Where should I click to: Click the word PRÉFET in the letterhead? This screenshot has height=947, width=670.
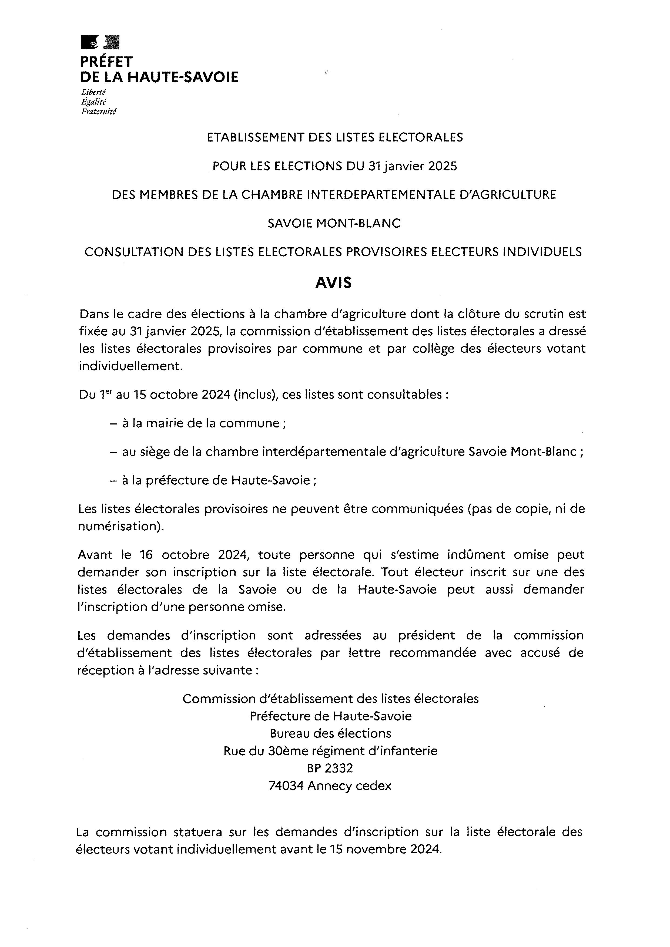(106, 62)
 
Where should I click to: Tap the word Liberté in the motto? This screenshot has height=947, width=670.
(93, 92)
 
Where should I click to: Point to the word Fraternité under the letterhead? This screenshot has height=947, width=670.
(99, 111)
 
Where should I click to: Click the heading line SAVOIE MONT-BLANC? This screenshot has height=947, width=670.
(334, 223)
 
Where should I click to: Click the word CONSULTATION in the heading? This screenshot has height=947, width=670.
(134, 252)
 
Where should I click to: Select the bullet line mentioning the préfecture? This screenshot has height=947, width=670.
(219, 480)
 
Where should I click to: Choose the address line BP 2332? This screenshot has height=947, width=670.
(330, 768)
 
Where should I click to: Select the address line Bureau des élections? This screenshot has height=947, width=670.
(330, 733)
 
